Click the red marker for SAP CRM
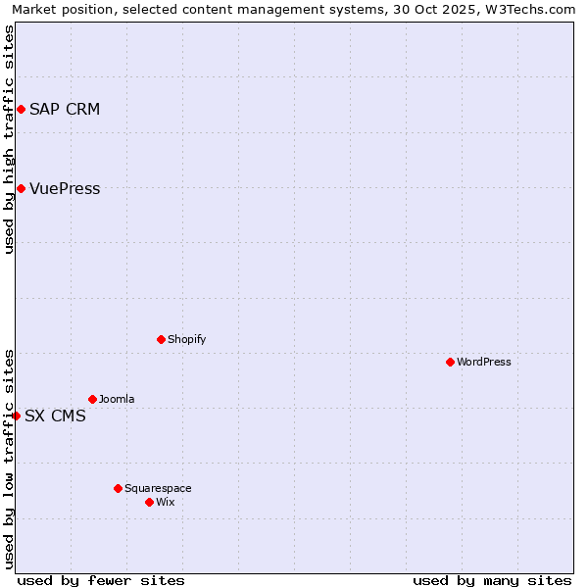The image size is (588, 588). click(21, 109)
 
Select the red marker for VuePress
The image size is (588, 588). click(21, 188)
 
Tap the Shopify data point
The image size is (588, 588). click(161, 339)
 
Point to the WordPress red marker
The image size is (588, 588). click(450, 362)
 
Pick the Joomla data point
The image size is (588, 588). click(92, 399)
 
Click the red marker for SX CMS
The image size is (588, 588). click(16, 416)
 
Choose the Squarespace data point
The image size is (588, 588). click(118, 488)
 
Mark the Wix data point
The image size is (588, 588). click(149, 502)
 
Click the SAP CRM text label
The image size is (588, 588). click(65, 109)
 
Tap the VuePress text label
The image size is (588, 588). click(65, 188)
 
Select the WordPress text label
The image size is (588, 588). click(484, 362)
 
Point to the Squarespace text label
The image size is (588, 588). click(158, 488)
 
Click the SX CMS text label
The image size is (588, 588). click(55, 416)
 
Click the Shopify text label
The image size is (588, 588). click(186, 339)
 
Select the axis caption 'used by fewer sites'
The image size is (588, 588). click(101, 580)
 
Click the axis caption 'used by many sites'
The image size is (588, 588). click(492, 580)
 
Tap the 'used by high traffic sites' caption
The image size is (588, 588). click(9, 140)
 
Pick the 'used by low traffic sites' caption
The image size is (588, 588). click(9, 458)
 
